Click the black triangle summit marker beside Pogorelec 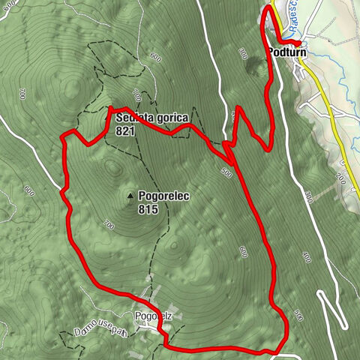click(x=131, y=196)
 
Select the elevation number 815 click(x=148, y=210)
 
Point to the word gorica click(x=169, y=118)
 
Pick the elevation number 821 click(x=125, y=130)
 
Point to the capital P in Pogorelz click(x=139, y=316)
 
